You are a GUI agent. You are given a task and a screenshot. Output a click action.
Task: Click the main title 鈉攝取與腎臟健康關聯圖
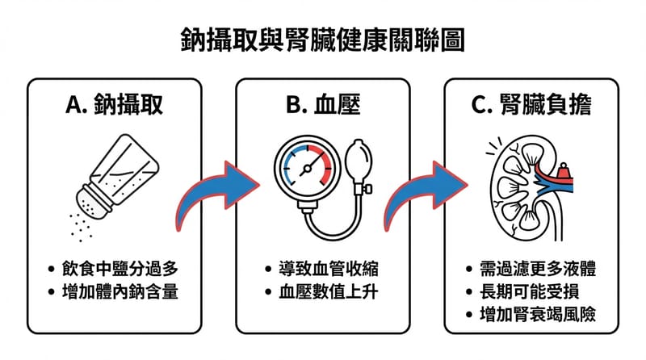coord(322,40)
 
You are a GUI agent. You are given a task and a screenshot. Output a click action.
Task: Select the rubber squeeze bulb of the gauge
coord(359,157)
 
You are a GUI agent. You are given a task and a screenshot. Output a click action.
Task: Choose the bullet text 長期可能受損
coord(530,291)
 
